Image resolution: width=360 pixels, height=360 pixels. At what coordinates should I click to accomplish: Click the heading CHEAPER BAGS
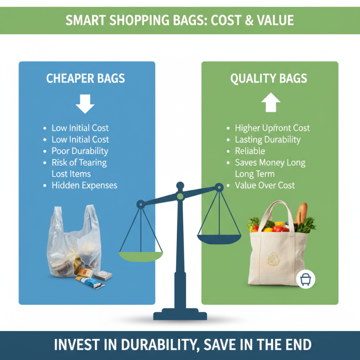(x=85, y=78)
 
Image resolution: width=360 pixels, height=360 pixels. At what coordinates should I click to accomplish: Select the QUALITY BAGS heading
(x=269, y=78)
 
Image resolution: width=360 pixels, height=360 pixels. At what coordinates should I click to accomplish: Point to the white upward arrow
(x=270, y=103)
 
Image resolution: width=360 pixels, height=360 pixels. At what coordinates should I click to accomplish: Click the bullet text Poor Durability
(x=80, y=151)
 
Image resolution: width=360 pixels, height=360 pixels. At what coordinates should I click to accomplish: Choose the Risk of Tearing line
(x=79, y=162)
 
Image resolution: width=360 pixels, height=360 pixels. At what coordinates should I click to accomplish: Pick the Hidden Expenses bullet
(x=84, y=185)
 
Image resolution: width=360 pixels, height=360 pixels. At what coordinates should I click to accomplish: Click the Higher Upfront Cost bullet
(x=272, y=128)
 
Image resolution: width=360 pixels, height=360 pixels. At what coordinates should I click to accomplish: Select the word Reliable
(x=250, y=151)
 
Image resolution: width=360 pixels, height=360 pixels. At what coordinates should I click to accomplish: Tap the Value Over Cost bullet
(x=265, y=185)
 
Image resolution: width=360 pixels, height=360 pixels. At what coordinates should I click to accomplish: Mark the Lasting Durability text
(x=267, y=139)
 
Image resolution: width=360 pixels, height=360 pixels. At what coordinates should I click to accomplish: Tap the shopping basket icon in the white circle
(x=306, y=279)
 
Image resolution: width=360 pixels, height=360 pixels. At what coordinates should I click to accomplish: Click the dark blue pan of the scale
(x=219, y=238)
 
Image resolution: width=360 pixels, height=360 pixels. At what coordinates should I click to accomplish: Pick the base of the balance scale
(x=180, y=315)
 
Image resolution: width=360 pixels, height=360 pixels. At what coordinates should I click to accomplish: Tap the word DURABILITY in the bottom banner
(x=155, y=345)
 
